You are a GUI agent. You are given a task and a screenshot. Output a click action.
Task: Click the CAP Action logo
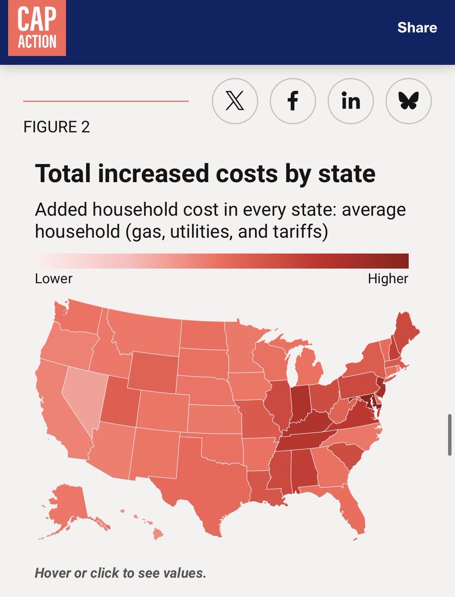coord(37,28)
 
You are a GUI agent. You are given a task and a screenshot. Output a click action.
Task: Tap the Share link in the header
coord(417,27)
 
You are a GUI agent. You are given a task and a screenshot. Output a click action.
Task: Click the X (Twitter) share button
coord(235,101)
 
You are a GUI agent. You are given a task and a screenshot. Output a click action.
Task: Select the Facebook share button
coord(293,101)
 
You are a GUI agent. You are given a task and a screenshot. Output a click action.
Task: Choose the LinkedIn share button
coord(351,101)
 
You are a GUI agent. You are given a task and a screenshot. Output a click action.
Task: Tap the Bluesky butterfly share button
coord(409,101)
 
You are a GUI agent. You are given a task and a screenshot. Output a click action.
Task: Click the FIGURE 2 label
coord(57,127)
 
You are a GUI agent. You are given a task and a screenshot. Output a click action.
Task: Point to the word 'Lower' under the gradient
coord(54,279)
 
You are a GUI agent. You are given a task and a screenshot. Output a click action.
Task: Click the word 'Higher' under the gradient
coord(388,279)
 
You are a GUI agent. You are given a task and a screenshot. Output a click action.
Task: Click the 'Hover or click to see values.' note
coord(120,573)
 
